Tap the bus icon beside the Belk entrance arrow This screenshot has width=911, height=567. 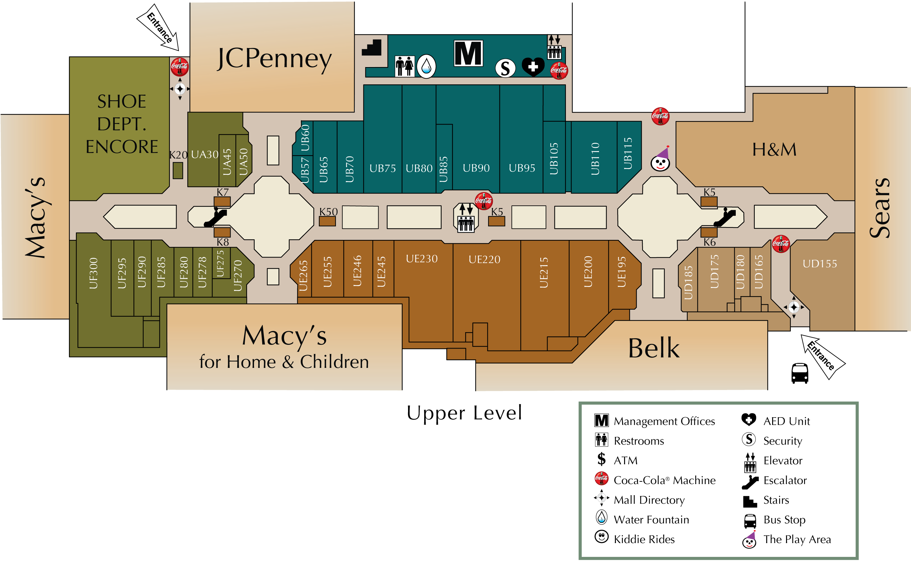coord(800,373)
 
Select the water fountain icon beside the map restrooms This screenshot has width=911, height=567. coord(426,66)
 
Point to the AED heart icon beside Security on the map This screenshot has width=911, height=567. coord(533,67)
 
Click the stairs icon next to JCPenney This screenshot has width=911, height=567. coord(371,48)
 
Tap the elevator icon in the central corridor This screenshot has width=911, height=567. coord(466,217)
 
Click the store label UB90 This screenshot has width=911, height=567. coord(476,168)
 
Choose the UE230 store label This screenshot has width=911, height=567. coord(422,259)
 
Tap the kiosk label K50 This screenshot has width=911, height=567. coord(328,212)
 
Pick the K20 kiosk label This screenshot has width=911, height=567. coord(178,155)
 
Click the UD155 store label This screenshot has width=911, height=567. coord(820,264)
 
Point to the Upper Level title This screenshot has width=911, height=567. coord(464,413)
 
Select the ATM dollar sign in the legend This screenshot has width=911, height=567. coord(601,459)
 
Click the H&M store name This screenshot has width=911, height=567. coord(774,149)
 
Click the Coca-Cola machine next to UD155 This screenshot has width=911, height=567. coord(781,244)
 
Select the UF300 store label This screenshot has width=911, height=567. coord(93,273)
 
